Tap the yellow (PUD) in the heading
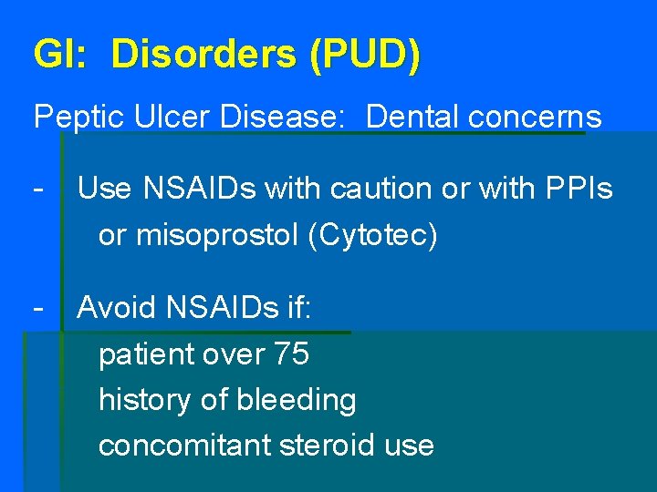(365, 56)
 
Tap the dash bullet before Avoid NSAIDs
(38, 307)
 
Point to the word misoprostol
(217, 235)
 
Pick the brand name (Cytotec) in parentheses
(373, 235)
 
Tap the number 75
(291, 354)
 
